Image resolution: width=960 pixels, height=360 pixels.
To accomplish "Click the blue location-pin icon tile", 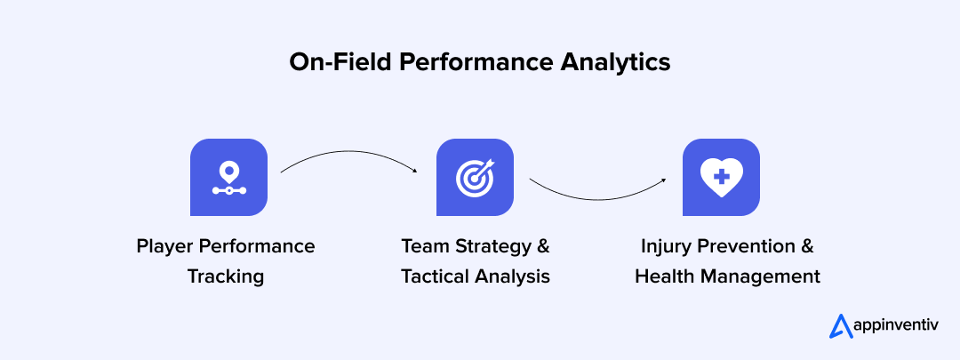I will point(229,177).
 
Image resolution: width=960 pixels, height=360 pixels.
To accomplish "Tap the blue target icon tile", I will point(475,177).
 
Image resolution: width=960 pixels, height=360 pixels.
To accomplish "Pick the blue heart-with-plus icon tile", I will point(721,177).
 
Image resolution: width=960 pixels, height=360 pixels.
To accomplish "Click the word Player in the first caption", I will point(164,246).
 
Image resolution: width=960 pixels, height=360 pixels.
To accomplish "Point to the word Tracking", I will point(226,276).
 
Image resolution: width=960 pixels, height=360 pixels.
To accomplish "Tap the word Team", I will point(423,246).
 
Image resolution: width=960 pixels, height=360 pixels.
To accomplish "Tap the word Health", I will point(663,276).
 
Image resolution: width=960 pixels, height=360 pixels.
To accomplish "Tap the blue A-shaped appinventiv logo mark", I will point(840,326).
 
